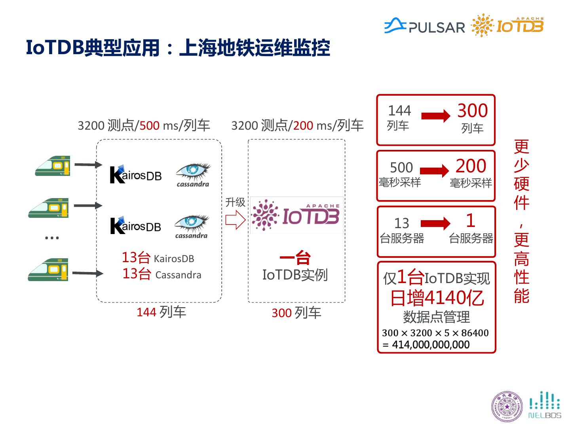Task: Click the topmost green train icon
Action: (52, 166)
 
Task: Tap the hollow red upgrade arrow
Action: (235, 219)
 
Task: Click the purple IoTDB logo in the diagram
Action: (296, 215)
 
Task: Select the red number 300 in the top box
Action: (472, 111)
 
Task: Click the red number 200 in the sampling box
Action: (470, 166)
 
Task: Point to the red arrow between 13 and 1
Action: (435, 223)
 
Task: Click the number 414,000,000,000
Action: (430, 345)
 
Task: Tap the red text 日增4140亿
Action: (437, 298)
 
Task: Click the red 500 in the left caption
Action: (150, 126)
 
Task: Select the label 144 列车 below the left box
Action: (161, 312)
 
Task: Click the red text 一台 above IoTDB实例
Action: (295, 258)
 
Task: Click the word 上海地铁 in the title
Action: (217, 48)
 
